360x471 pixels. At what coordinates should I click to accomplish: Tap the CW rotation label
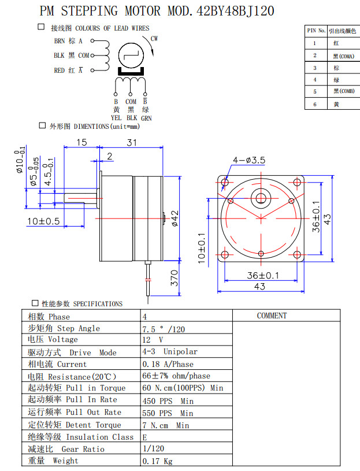(x=154, y=39)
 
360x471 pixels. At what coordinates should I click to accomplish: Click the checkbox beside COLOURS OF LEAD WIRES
(x=41, y=27)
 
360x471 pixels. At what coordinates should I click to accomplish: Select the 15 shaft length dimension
(x=81, y=142)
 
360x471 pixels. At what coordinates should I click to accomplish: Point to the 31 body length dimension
(x=132, y=142)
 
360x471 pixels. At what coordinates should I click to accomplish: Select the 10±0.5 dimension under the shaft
(x=43, y=221)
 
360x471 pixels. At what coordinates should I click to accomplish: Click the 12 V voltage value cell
(x=153, y=340)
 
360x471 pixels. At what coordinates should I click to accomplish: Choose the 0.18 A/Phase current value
(x=168, y=364)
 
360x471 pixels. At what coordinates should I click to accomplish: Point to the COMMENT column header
(x=272, y=316)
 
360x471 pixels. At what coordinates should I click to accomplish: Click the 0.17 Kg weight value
(x=157, y=461)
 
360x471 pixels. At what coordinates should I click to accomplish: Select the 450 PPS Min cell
(x=168, y=400)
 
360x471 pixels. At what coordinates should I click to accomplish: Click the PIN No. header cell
(x=315, y=30)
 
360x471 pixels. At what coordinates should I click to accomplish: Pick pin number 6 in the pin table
(x=315, y=104)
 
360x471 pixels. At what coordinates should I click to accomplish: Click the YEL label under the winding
(x=116, y=117)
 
